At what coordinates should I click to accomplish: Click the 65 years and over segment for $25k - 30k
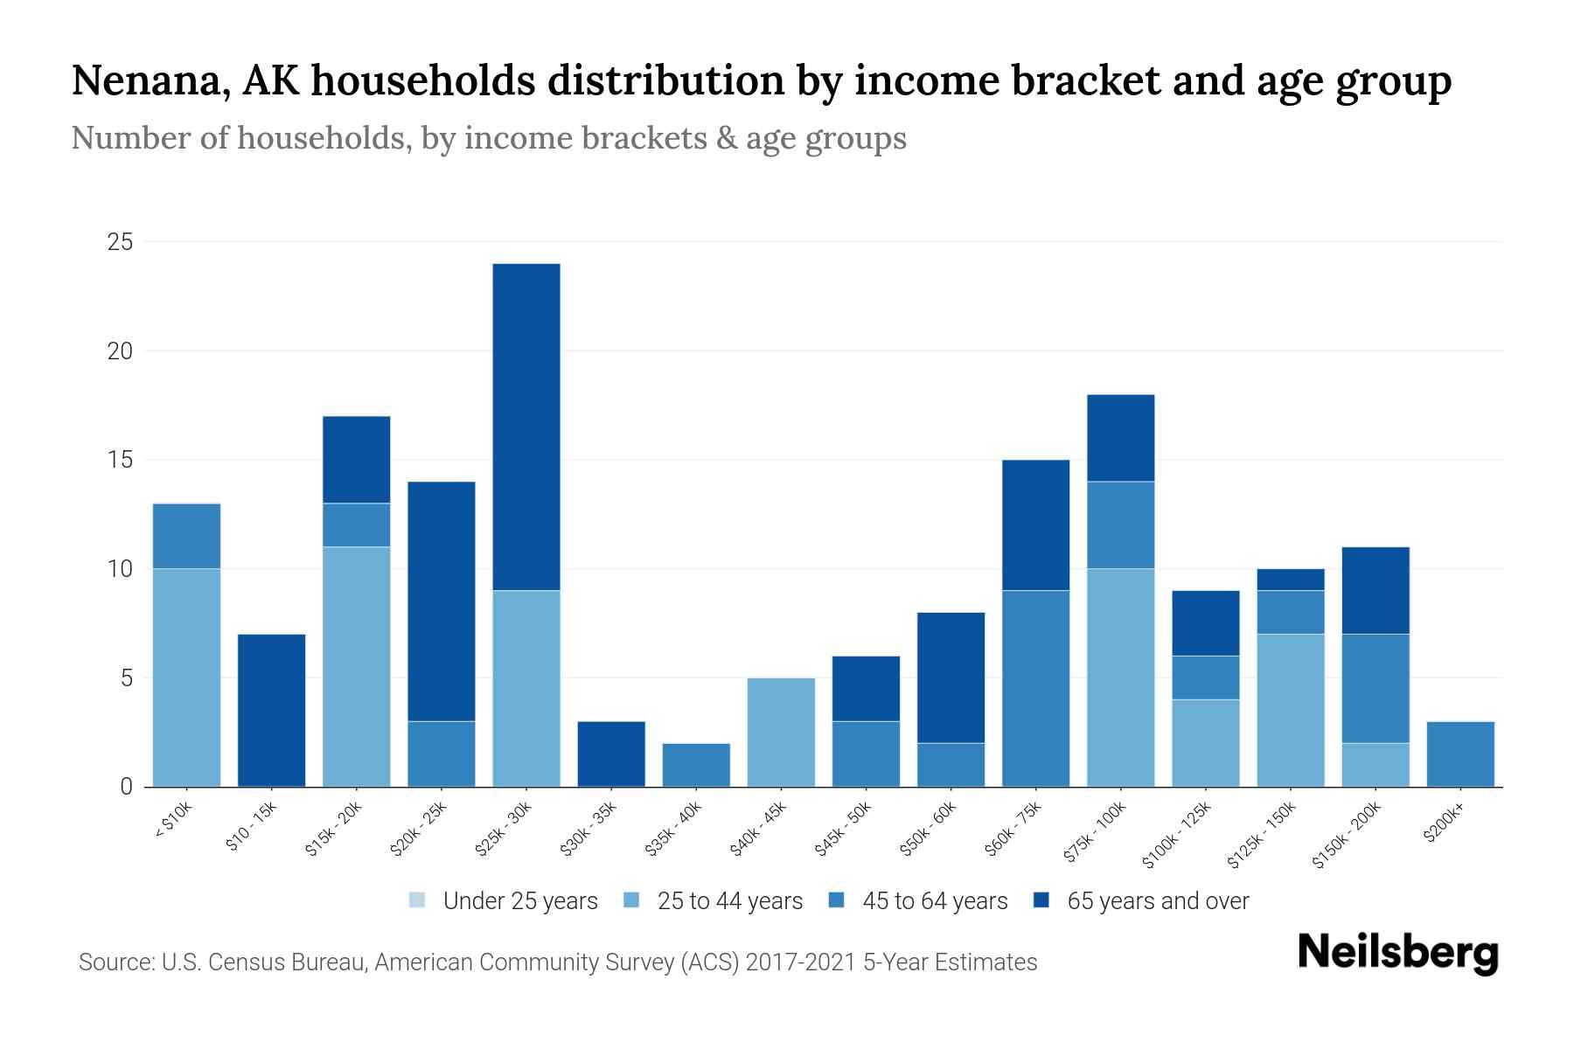point(526,427)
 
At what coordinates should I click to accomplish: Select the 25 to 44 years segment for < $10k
point(187,677)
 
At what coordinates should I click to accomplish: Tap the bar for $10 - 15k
point(272,710)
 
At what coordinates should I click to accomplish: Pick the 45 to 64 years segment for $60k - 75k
point(1036,688)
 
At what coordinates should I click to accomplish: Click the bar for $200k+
point(1460,754)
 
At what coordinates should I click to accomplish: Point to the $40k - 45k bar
point(782,732)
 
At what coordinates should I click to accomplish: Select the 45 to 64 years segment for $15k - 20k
point(357,524)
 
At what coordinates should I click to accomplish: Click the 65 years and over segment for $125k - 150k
point(1291,580)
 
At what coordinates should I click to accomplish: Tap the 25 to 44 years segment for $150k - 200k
point(1376,765)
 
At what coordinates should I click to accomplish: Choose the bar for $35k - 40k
point(697,765)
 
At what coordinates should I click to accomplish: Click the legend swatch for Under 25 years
point(418,900)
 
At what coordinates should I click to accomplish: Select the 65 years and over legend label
point(1158,900)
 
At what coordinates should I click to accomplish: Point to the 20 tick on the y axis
point(120,351)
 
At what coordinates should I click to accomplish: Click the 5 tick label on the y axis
point(126,678)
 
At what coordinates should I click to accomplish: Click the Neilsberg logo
point(1397,953)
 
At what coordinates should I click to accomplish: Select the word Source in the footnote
point(115,962)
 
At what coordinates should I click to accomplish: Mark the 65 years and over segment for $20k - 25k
point(442,601)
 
